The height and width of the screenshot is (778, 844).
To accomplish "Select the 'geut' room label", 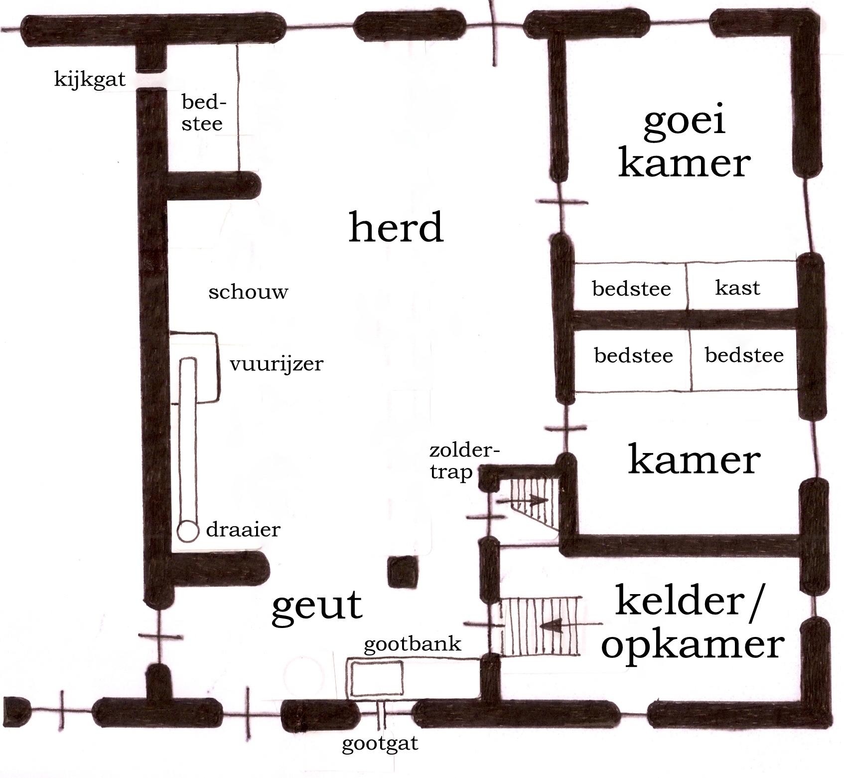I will click(317, 606).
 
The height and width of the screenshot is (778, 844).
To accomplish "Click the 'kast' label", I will click(737, 288).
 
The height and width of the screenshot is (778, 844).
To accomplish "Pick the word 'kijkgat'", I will click(90, 80).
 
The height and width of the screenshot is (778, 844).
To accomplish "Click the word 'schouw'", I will click(248, 292).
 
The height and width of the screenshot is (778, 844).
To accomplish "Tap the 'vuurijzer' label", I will click(277, 364).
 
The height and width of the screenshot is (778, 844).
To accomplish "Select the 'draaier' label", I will click(243, 529).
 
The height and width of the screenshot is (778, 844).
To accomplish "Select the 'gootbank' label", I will click(413, 644).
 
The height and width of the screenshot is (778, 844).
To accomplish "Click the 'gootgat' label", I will click(380, 744).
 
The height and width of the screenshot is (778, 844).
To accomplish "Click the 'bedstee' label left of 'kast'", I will click(631, 289).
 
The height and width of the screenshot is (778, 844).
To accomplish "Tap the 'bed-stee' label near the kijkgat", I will click(202, 113).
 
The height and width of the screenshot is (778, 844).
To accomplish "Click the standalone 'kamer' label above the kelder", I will click(694, 460).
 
